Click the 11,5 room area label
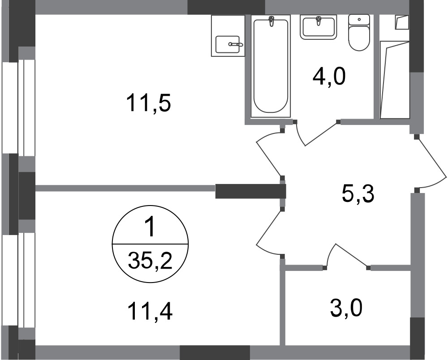(148, 103)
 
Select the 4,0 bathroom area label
(329, 77)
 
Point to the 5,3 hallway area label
(358, 194)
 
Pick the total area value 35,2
(150, 261)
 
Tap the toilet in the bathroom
(359, 33)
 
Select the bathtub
(270, 66)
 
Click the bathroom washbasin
(318, 27)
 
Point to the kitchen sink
(228, 44)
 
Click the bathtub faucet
(271, 21)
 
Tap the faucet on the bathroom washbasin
(318, 21)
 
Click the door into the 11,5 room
(269, 154)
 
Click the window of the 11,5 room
(18, 108)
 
